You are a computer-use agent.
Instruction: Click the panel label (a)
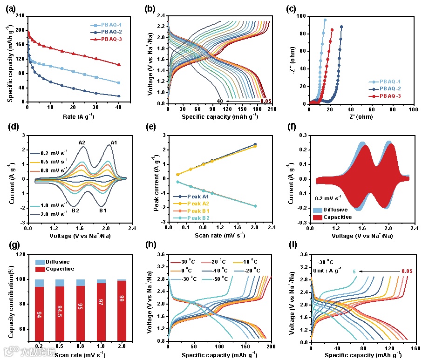[x=12, y=8]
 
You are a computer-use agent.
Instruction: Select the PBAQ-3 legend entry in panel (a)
[x=109, y=39]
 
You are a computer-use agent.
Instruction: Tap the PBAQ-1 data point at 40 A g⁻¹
[x=119, y=83]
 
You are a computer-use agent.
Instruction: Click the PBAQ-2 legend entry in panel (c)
[x=388, y=88]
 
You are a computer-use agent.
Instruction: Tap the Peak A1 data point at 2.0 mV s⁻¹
[x=255, y=144]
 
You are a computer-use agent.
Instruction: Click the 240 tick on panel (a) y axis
[x=20, y=16]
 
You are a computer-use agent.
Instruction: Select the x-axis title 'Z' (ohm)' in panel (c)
[x=361, y=116]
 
